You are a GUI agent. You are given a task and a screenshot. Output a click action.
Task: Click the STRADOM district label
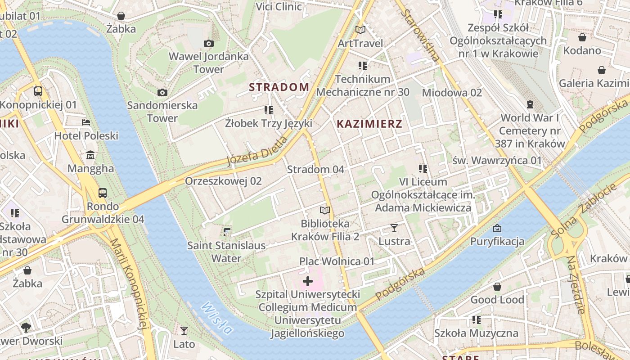tap(279, 87)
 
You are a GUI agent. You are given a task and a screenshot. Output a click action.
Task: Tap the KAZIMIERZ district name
tap(369, 124)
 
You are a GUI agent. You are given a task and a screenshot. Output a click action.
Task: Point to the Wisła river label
tap(217, 318)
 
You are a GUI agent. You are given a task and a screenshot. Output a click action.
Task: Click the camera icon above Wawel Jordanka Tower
tap(208, 43)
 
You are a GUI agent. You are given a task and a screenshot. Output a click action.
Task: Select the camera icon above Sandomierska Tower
tap(162, 92)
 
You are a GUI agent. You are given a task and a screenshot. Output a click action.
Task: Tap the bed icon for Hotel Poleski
tap(86, 122)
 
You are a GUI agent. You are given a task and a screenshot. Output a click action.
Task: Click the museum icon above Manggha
tap(90, 155)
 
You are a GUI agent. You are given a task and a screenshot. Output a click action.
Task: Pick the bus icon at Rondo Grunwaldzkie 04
tap(103, 193)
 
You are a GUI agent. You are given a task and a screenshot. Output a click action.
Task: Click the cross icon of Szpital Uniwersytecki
tap(308, 282)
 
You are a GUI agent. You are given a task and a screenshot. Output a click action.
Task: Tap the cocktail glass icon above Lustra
tap(394, 228)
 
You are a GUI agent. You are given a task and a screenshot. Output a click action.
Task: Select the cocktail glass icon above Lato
tap(184, 331)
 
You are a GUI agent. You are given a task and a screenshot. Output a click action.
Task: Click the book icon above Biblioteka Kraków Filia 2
tap(325, 210)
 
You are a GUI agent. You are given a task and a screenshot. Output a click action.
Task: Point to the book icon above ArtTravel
tap(360, 30)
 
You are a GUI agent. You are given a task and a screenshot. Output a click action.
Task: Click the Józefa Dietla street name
tap(257, 151)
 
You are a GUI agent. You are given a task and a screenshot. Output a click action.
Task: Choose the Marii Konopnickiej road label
tap(129, 283)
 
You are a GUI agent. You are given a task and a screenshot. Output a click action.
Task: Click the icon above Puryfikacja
tap(497, 228)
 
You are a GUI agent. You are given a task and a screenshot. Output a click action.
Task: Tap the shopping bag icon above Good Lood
tap(497, 287)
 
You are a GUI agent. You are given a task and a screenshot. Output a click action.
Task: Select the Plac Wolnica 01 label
tap(337, 261)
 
